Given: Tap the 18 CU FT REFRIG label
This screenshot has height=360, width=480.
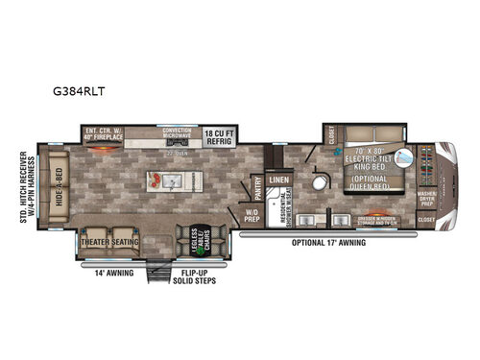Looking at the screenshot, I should pyautogui.click(x=218, y=135).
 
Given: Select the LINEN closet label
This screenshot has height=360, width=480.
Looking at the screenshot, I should pyautogui.click(x=279, y=180).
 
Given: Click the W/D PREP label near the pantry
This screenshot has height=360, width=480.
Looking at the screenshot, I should pyautogui.click(x=252, y=214).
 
